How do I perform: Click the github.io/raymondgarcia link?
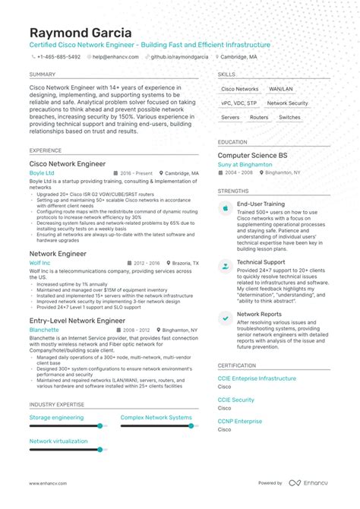click(x=181, y=57)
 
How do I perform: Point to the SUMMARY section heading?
click(x=43, y=74)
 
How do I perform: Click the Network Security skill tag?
click(x=287, y=103)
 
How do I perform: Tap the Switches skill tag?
click(x=289, y=118)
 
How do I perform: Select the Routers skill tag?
click(x=259, y=118)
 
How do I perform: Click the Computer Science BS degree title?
click(x=252, y=155)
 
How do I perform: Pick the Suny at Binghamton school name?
click(x=245, y=164)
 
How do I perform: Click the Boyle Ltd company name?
click(x=43, y=172)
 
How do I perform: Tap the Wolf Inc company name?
click(x=40, y=263)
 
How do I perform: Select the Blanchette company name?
click(x=44, y=330)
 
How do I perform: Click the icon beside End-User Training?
click(x=226, y=208)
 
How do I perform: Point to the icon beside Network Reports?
click(x=226, y=318)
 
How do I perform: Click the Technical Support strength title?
click(x=261, y=262)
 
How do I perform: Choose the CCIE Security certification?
click(x=235, y=400)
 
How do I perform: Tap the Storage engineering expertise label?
click(x=56, y=417)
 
